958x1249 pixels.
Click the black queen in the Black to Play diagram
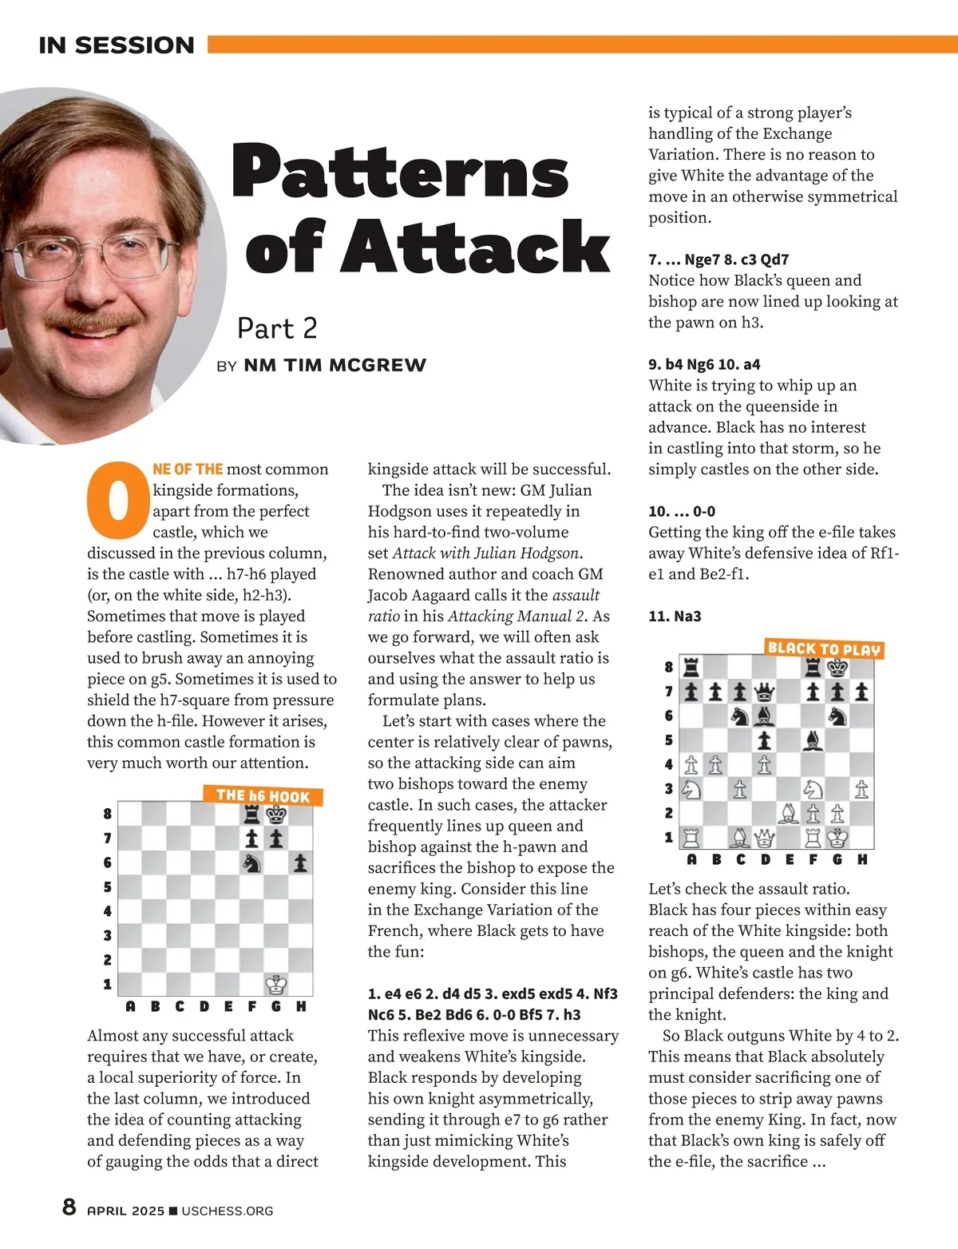click(765, 692)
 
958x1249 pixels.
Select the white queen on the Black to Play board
click(765, 838)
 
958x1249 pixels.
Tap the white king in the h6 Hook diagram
click(276, 984)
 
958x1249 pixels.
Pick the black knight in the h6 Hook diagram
click(252, 862)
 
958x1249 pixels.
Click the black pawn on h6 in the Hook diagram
click(300, 862)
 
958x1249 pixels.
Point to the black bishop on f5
click(813, 740)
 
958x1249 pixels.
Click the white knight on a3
click(691, 789)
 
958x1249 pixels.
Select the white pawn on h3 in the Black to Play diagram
click(861, 789)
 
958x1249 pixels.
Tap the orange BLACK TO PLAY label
click(824, 649)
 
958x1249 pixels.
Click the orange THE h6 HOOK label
click(263, 795)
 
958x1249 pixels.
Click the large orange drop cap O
click(117, 500)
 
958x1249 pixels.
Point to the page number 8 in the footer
click(69, 1207)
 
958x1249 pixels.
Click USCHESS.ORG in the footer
click(228, 1211)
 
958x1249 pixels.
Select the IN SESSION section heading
click(117, 46)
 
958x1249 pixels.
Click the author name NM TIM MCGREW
click(335, 365)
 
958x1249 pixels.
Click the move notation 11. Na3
click(675, 616)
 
